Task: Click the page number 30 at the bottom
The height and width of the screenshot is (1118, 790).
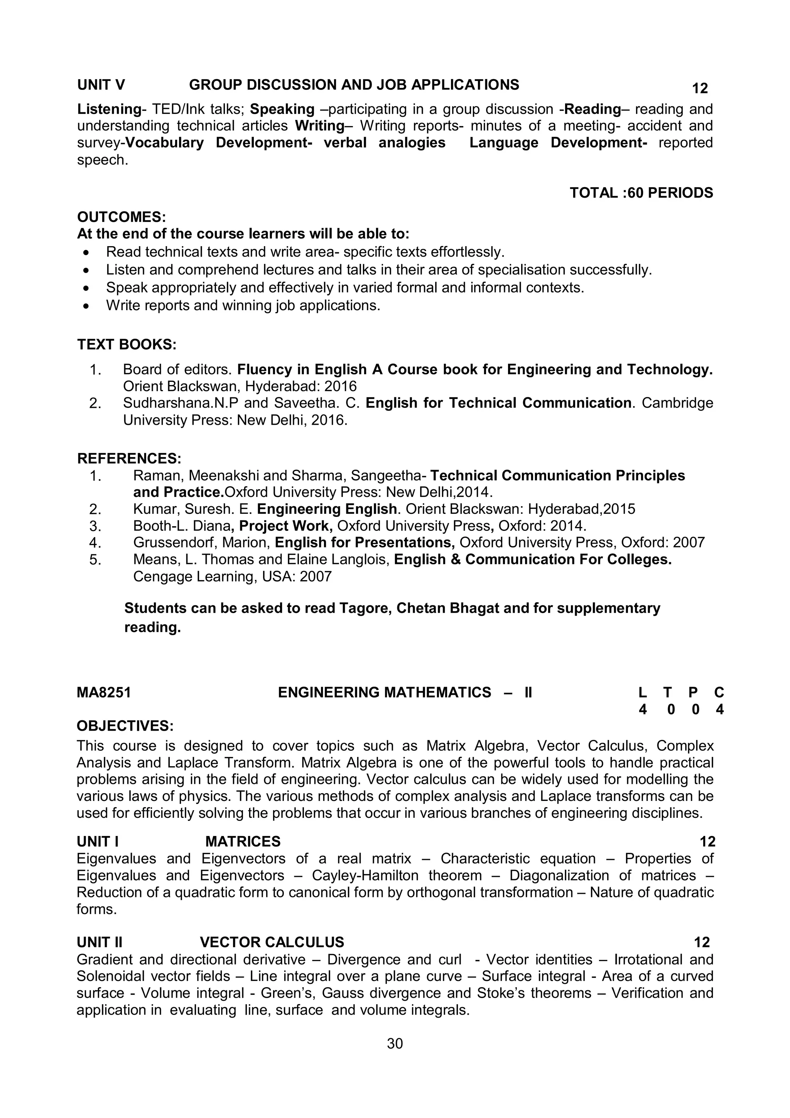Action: pos(395,1044)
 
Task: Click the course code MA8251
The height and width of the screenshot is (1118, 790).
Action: pos(104,692)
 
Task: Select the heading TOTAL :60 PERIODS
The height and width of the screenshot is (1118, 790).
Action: pos(641,193)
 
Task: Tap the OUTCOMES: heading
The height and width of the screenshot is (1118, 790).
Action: pos(122,217)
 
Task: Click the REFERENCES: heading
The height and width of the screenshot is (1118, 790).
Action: pos(129,458)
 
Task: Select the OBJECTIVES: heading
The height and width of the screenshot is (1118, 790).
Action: pos(125,726)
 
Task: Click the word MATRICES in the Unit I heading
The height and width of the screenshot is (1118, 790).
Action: pos(243,841)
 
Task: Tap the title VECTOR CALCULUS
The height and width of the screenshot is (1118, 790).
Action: pos(272,942)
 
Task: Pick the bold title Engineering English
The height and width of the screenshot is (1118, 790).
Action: pos(327,509)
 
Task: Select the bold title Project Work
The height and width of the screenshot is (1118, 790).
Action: pos(285,526)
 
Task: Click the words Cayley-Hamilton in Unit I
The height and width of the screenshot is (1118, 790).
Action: pos(365,875)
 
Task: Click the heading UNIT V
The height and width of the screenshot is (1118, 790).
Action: pos(101,85)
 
